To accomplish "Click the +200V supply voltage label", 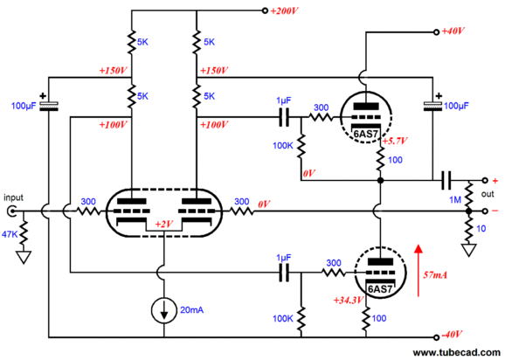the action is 284,11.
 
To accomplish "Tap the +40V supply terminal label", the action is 453,31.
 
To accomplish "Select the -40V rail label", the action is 452,335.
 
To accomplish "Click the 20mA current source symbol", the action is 164,310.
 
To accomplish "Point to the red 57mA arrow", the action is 419,270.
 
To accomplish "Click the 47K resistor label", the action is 10,234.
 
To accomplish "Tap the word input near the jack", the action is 13,197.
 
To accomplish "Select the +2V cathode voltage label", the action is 164,224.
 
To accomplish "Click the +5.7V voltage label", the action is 395,141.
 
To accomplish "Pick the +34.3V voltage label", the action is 349,301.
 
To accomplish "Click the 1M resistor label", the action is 455,200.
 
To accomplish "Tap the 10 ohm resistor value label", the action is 481,229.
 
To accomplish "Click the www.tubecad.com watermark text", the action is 456,353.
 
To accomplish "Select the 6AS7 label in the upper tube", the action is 365,134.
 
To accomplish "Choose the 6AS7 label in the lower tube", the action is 380,289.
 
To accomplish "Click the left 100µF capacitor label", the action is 24,106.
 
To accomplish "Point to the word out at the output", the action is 488,194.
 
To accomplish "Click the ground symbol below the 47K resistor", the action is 24,257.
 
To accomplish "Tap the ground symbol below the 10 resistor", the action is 468,250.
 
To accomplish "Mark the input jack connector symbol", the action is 11,211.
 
